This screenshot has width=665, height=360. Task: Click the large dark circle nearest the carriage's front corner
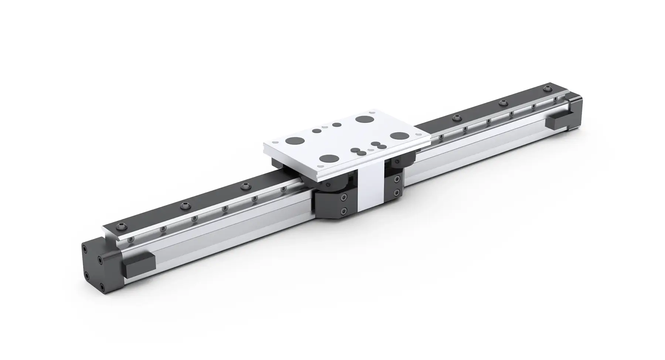(329, 159)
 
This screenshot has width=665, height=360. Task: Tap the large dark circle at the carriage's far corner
(363, 119)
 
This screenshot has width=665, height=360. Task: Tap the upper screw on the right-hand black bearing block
(397, 180)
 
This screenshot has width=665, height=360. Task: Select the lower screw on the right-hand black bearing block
(396, 192)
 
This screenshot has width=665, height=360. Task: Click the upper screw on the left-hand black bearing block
(344, 198)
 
